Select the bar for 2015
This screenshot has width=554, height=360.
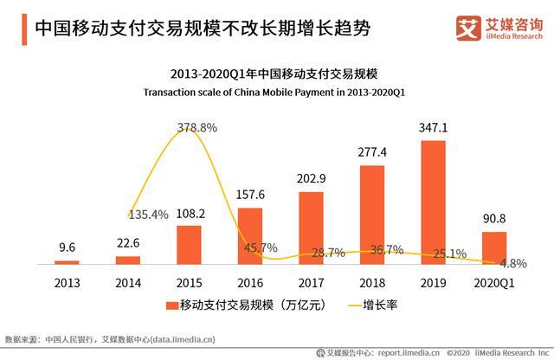(189, 244)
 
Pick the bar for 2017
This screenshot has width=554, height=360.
(311, 228)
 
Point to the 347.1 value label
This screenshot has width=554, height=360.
(433, 128)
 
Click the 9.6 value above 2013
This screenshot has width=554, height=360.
(67, 247)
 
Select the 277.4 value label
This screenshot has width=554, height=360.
(372, 153)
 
